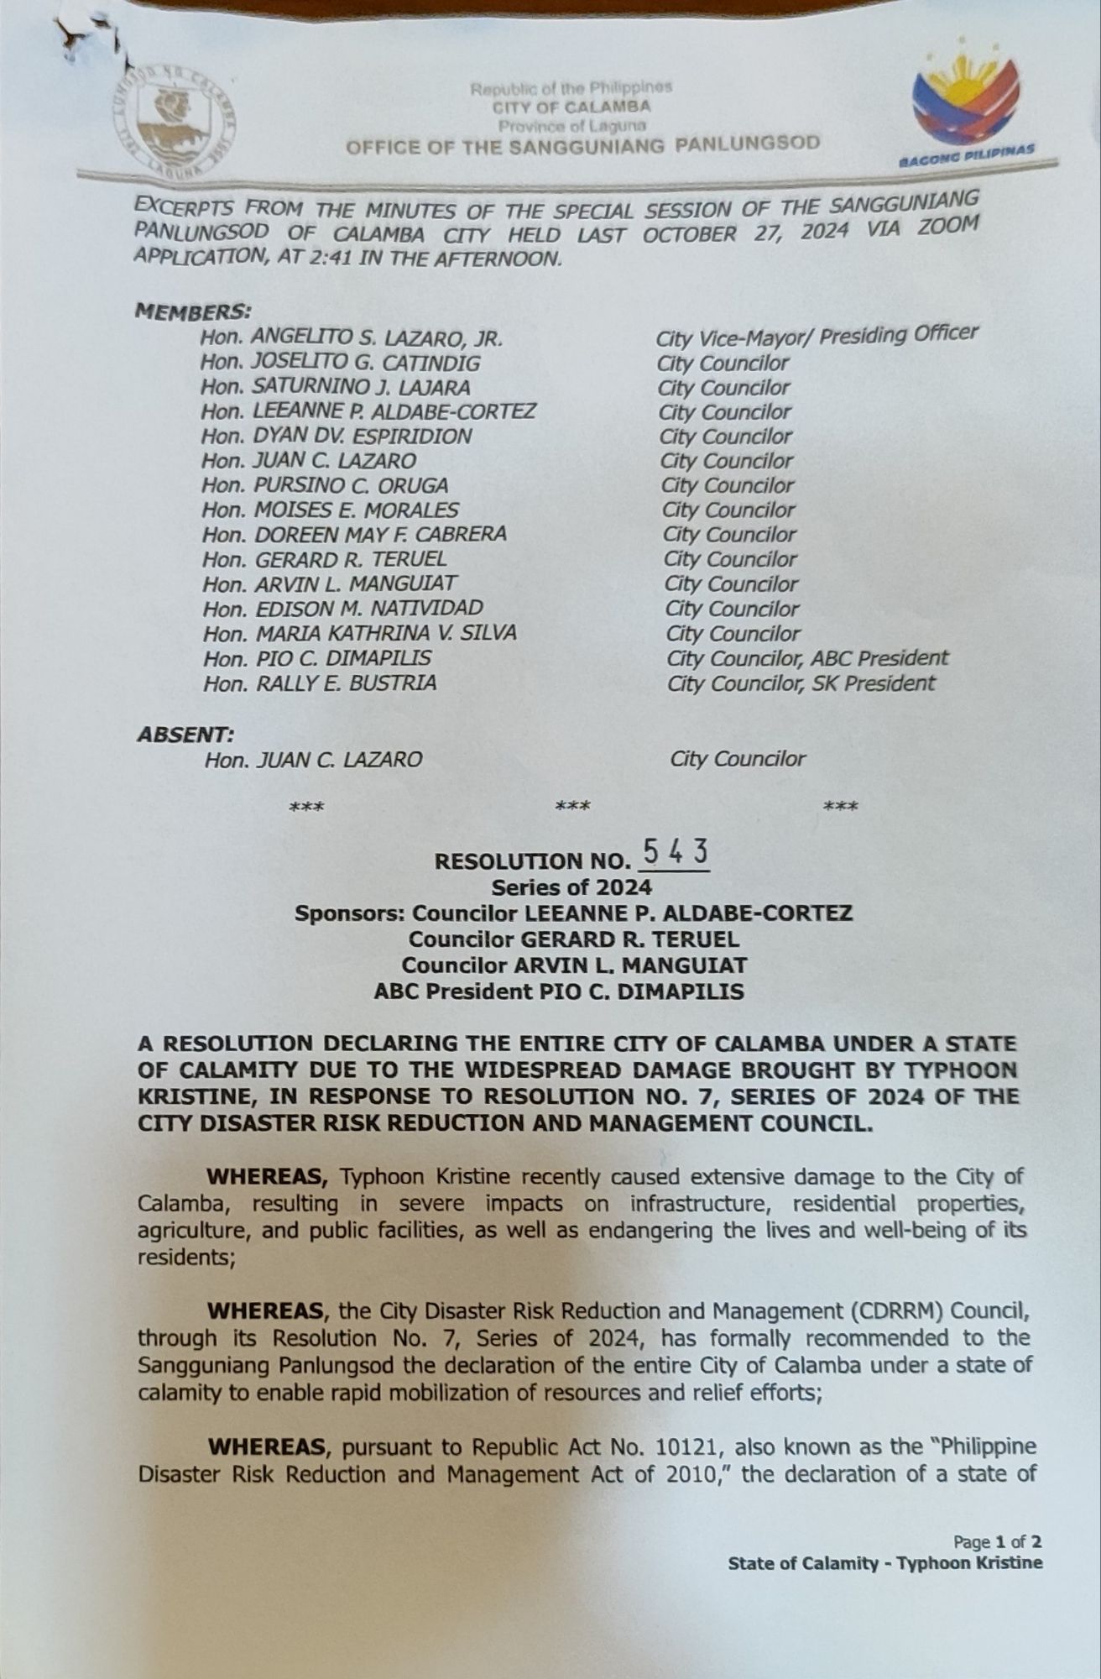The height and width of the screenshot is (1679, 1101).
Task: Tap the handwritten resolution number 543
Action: tap(675, 854)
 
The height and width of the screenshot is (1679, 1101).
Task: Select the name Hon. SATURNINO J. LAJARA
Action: tap(335, 388)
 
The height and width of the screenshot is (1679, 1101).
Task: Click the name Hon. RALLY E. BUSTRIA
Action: tap(320, 683)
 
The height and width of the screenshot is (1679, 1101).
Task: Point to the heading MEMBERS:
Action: tap(193, 311)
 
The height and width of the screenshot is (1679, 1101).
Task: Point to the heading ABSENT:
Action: tap(185, 735)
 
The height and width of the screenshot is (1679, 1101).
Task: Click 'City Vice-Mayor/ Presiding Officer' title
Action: tap(817, 336)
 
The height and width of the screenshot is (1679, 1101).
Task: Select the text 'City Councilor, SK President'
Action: tap(801, 683)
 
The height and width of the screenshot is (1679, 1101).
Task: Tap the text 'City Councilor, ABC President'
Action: tap(807, 658)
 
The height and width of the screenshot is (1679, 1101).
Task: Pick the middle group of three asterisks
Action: tap(573, 807)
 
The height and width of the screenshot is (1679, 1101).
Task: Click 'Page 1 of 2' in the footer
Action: tap(997, 1541)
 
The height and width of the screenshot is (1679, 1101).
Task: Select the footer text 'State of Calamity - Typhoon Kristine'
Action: tap(885, 1563)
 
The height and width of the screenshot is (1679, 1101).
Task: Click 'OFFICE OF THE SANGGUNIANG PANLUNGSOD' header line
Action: tap(583, 145)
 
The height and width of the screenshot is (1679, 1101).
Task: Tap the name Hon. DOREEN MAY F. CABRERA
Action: tap(354, 535)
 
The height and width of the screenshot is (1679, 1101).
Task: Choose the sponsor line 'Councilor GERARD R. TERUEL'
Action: tap(574, 939)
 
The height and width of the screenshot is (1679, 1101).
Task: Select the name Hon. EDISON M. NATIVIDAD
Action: tap(343, 609)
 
